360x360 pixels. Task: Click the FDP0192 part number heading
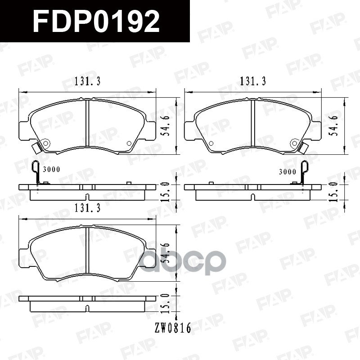point(96,21)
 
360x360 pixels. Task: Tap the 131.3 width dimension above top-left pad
point(87,82)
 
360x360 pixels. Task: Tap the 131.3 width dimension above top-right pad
point(253,82)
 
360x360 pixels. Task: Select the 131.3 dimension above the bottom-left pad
point(87,208)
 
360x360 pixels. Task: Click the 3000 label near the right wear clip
point(287,171)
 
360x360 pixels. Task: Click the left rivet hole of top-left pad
point(45,144)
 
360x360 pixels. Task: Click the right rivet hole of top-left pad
point(129,144)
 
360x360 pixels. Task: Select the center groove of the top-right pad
point(253,124)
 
